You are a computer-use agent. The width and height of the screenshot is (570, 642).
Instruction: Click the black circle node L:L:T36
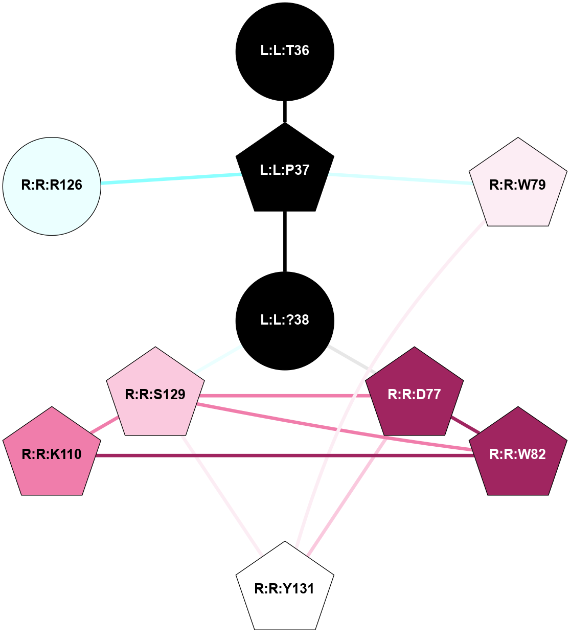285,51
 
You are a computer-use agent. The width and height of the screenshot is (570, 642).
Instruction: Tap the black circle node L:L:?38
285,320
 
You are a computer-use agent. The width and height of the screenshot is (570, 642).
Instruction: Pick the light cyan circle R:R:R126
52,186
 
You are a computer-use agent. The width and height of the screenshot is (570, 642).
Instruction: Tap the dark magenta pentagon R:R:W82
518,454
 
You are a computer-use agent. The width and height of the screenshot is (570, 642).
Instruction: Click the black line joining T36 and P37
285,111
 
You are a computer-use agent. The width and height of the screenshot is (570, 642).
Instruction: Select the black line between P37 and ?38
285,240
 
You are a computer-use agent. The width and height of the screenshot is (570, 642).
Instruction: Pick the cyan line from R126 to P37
171,178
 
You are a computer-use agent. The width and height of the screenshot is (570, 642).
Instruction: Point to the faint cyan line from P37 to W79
399,178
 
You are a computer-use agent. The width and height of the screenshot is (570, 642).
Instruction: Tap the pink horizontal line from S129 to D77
281,396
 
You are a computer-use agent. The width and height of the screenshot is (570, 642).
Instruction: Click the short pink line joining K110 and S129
105,425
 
